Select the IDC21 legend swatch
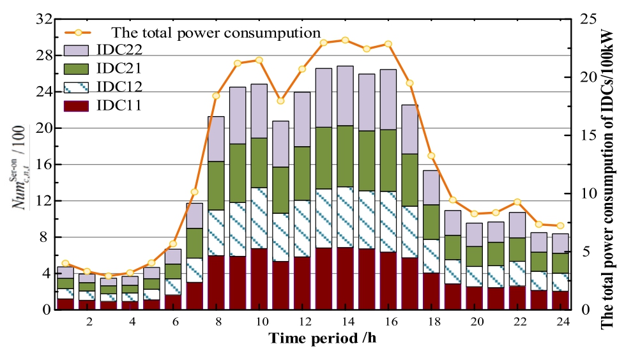click(77, 68)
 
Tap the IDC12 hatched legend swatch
click(77, 86)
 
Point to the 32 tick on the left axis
click(45, 19)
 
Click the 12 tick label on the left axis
click(45, 200)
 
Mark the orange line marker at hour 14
click(345, 40)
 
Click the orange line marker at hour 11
click(280, 101)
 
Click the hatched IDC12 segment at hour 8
click(216, 233)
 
